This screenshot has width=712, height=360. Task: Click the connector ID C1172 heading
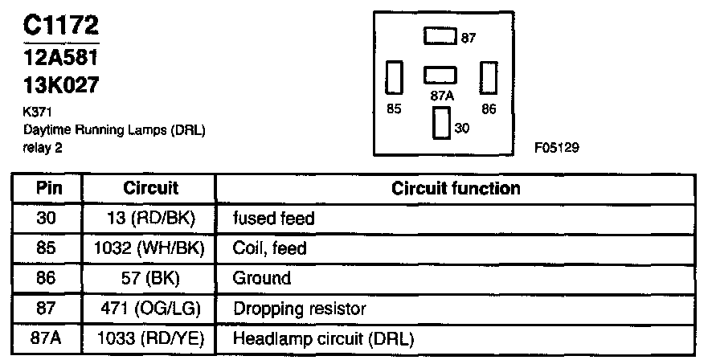click(x=59, y=26)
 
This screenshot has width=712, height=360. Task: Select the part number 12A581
click(x=58, y=59)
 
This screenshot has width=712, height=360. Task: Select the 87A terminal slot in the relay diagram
click(x=441, y=74)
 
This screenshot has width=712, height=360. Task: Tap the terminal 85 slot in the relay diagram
click(x=395, y=79)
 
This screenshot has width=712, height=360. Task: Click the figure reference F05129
click(x=555, y=148)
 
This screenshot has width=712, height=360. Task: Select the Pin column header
click(x=48, y=189)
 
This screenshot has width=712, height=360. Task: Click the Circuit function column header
click(x=456, y=189)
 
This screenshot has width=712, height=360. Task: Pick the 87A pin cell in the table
click(x=48, y=339)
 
